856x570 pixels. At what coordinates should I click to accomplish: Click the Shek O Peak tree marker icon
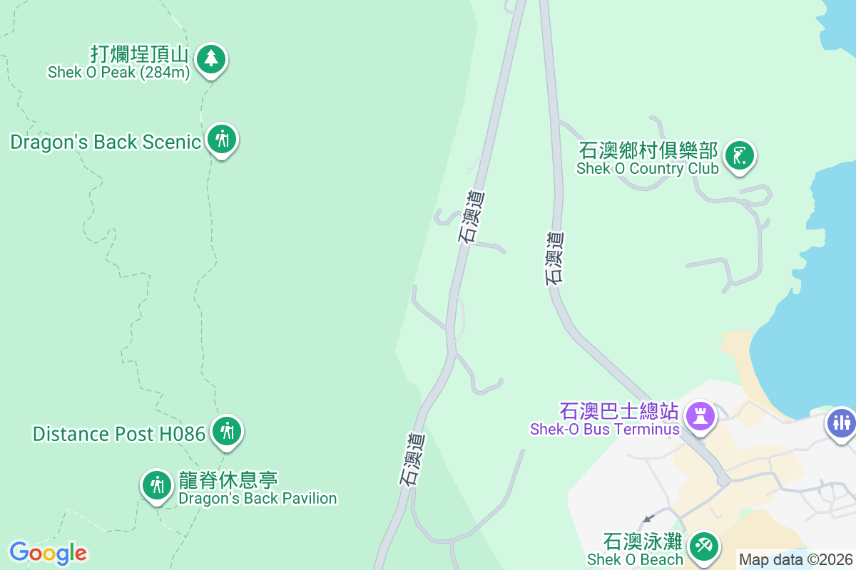[x=210, y=58]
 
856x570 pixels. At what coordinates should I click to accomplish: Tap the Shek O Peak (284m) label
[x=118, y=72]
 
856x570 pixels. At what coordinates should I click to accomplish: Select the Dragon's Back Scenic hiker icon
[x=223, y=140]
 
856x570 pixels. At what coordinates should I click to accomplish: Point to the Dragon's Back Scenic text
[x=106, y=142]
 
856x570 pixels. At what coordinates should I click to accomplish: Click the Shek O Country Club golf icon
[x=740, y=155]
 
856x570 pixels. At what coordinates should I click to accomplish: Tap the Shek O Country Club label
[x=648, y=169]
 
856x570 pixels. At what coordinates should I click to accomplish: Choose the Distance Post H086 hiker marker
[x=227, y=431]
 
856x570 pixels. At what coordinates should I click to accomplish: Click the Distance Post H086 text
[x=119, y=433]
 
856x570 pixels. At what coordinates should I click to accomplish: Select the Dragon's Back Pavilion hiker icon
[x=157, y=486]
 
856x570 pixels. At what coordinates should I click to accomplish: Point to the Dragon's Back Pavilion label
[x=258, y=498]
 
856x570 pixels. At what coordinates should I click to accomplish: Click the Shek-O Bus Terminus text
[x=604, y=429]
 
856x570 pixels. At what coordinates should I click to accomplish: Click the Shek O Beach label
[x=635, y=560]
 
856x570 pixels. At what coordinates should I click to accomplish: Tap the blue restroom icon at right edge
[x=842, y=422]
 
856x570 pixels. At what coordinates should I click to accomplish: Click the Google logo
[x=48, y=553]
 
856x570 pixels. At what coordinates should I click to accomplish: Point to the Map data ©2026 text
[x=795, y=559]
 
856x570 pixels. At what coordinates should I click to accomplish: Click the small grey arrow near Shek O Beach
[x=648, y=519]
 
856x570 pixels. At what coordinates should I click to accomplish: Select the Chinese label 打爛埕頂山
[x=139, y=54]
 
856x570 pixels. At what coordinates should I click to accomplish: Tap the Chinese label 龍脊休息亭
[x=228, y=480]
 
